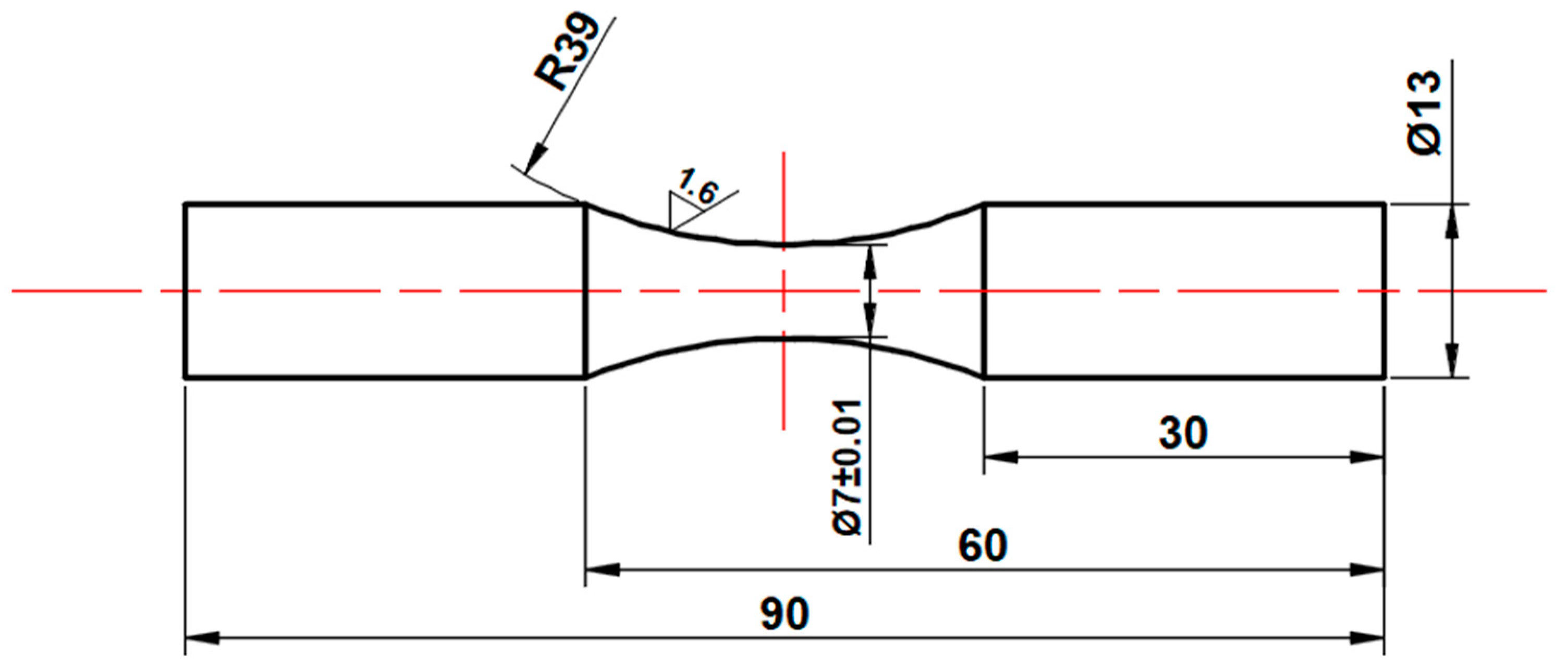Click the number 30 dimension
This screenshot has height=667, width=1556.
click(1183, 434)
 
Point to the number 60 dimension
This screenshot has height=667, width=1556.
click(982, 546)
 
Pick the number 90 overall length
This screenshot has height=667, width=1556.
click(784, 614)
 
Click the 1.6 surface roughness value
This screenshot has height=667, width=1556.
click(697, 187)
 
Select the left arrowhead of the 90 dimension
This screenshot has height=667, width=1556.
click(202, 638)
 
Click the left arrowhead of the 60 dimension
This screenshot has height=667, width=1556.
click(603, 569)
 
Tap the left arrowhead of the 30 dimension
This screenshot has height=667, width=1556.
click(1001, 457)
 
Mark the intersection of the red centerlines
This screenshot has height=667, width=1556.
click(783, 291)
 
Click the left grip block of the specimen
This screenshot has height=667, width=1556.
click(385, 291)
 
